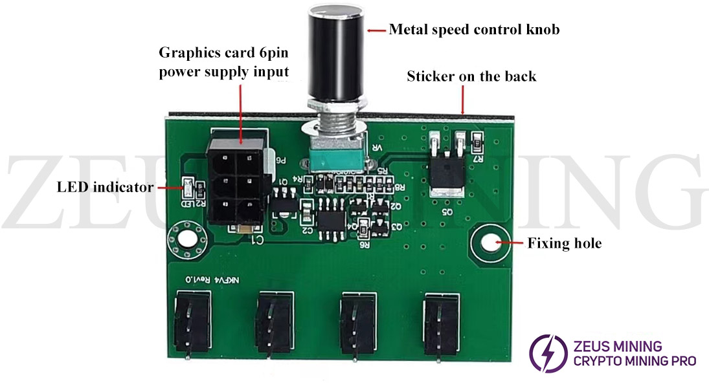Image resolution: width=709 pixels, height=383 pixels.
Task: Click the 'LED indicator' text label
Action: point(105,188)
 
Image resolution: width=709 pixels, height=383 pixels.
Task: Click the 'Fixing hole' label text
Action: point(564,244)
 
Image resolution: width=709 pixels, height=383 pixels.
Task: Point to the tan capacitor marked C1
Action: point(247,229)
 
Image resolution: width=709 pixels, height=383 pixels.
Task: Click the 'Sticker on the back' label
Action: point(471,76)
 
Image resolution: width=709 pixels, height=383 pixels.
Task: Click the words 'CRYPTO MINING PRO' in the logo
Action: point(635,361)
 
